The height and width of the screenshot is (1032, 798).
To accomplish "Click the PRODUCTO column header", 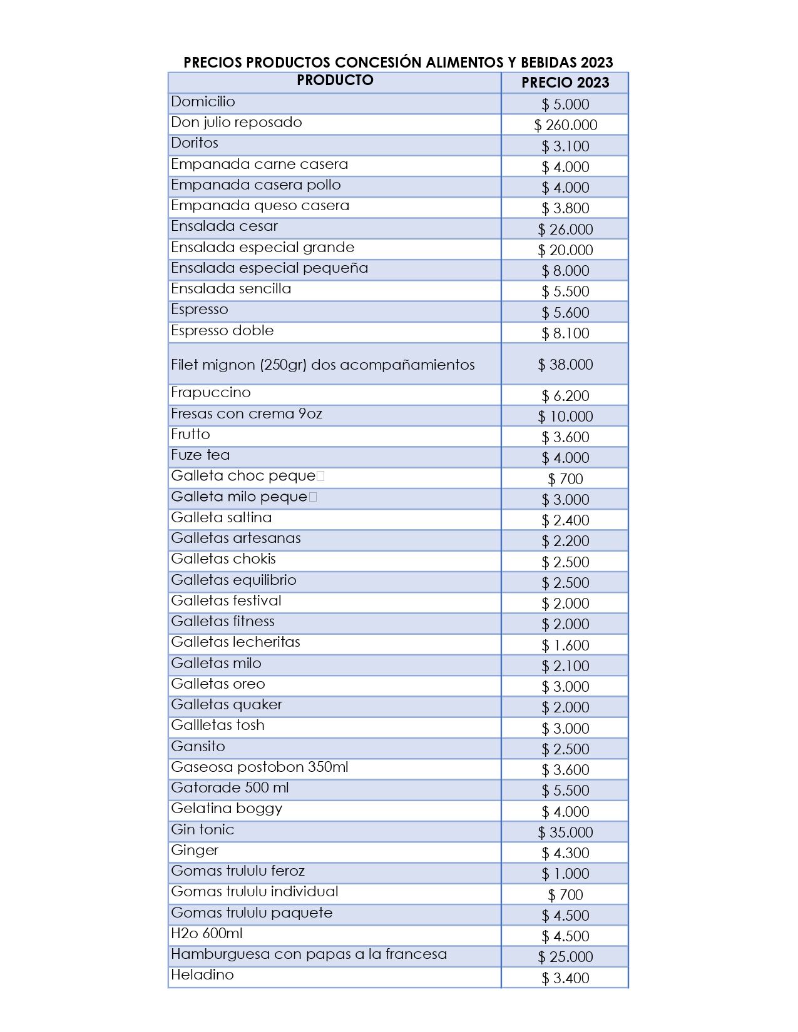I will pyautogui.click(x=335, y=80).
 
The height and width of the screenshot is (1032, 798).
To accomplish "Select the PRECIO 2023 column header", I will pyautogui.click(x=565, y=83).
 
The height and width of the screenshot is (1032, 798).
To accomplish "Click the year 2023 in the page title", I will pyautogui.click(x=596, y=62).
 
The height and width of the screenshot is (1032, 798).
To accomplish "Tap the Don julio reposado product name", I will pyautogui.click(x=237, y=122).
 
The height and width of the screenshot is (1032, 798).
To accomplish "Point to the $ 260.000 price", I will pyautogui.click(x=566, y=125).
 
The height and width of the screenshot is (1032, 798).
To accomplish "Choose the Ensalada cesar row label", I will pyautogui.click(x=224, y=226).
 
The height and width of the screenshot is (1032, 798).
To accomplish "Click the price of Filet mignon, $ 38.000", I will pyautogui.click(x=565, y=364).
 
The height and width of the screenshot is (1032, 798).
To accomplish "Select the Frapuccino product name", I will pyautogui.click(x=211, y=392).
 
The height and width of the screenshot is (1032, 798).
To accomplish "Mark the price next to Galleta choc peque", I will pyautogui.click(x=565, y=479).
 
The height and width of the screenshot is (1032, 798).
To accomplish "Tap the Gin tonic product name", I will pyautogui.click(x=203, y=829).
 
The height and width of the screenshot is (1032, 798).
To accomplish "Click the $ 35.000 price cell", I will pyautogui.click(x=565, y=832).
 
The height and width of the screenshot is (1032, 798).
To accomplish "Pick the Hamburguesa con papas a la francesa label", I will pyautogui.click(x=309, y=954).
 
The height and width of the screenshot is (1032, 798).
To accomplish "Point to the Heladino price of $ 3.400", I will pyautogui.click(x=565, y=978).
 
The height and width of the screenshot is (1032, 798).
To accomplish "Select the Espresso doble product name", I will pyautogui.click(x=222, y=330).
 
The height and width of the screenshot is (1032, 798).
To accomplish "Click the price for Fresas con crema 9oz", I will pyautogui.click(x=565, y=417).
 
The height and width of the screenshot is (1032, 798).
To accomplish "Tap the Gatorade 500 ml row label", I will pyautogui.click(x=230, y=787).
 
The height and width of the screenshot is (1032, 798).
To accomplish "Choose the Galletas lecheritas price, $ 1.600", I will pyautogui.click(x=565, y=645).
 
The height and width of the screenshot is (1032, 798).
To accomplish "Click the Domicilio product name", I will pyautogui.click(x=203, y=101).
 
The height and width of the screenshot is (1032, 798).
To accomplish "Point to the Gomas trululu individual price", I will pyautogui.click(x=565, y=895).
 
